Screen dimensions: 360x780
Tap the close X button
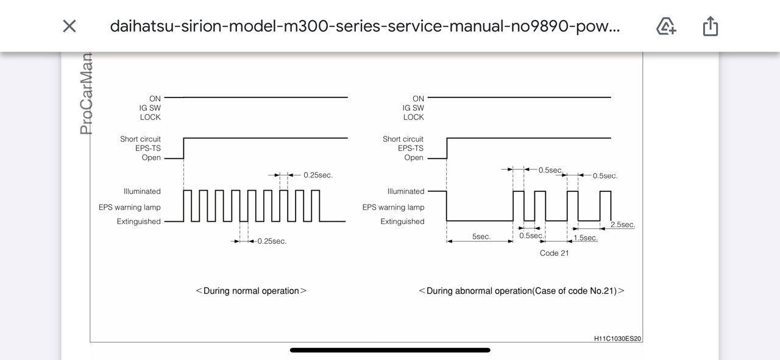tap(69, 26)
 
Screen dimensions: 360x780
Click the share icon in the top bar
tap(711, 26)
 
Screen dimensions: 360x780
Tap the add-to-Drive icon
tap(665, 26)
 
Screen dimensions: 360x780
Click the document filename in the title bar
tap(364, 26)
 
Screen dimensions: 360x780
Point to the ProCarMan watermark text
tap(86, 94)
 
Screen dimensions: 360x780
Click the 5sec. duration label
tap(481, 236)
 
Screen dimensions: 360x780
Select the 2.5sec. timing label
tap(622, 225)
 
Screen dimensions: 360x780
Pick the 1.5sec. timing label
tap(585, 238)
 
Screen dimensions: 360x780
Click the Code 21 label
tap(554, 253)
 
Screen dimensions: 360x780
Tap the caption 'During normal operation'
tap(251, 291)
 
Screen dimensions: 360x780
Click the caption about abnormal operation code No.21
tap(522, 291)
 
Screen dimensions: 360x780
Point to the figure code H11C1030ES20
tap(617, 338)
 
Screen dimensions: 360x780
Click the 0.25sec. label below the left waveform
tap(272, 241)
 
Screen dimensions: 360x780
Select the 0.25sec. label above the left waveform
tap(318, 175)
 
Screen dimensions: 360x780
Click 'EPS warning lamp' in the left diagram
tap(130, 207)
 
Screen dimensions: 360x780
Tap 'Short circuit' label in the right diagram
tap(403, 139)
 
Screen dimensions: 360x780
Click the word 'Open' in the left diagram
tap(151, 158)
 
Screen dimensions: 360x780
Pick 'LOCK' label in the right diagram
tap(413, 117)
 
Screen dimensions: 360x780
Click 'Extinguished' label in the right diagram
tap(402, 222)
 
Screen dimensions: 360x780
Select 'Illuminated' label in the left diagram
tap(142, 191)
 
